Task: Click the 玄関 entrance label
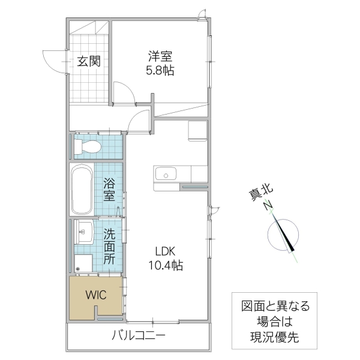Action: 88,61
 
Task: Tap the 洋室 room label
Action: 161,57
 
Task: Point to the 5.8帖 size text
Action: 161,70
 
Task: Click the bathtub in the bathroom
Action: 80,190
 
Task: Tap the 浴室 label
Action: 109,189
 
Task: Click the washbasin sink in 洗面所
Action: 84,230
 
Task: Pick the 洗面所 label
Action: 109,246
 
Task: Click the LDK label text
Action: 167,251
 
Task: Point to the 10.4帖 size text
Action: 167,265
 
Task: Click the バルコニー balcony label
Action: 138,336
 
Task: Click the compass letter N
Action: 268,205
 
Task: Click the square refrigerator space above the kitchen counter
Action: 197,131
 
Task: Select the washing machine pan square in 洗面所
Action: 84,262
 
